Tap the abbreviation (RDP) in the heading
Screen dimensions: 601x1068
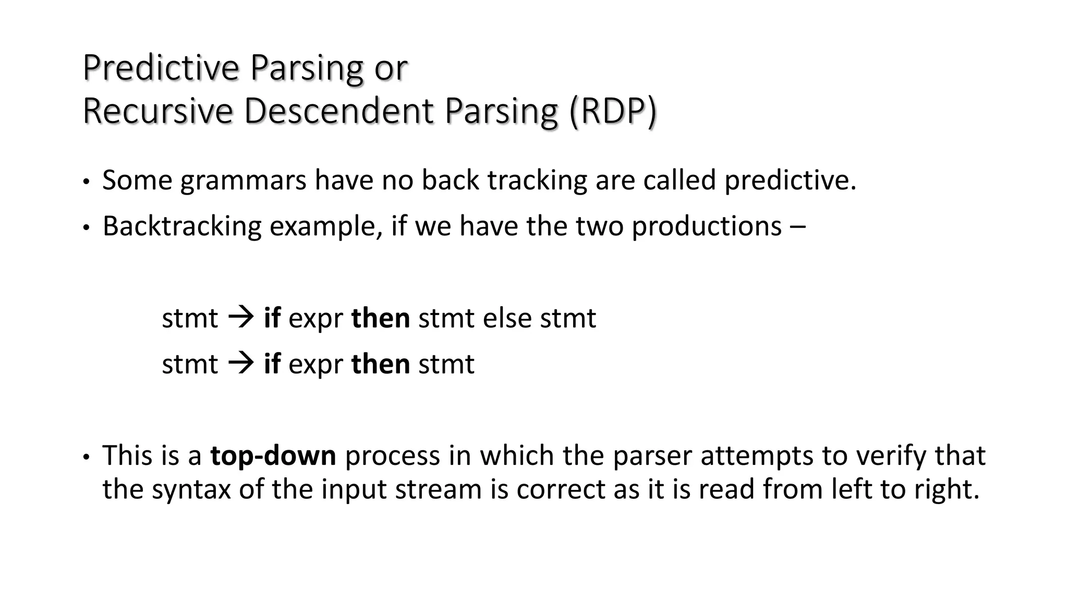(x=613, y=111)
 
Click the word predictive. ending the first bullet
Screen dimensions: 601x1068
(x=790, y=181)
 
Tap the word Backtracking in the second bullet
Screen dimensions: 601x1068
(x=182, y=226)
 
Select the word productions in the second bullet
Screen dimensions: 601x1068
(x=707, y=226)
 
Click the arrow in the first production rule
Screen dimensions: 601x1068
(x=241, y=317)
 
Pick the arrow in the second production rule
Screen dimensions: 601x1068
(x=241, y=363)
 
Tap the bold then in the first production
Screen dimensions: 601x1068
(x=381, y=318)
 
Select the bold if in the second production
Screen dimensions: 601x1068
(x=272, y=364)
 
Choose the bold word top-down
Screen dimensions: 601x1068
(x=273, y=455)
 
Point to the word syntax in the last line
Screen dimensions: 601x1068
(x=191, y=490)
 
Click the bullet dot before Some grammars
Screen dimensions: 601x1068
(x=86, y=182)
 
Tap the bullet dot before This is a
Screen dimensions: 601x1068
(x=86, y=457)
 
